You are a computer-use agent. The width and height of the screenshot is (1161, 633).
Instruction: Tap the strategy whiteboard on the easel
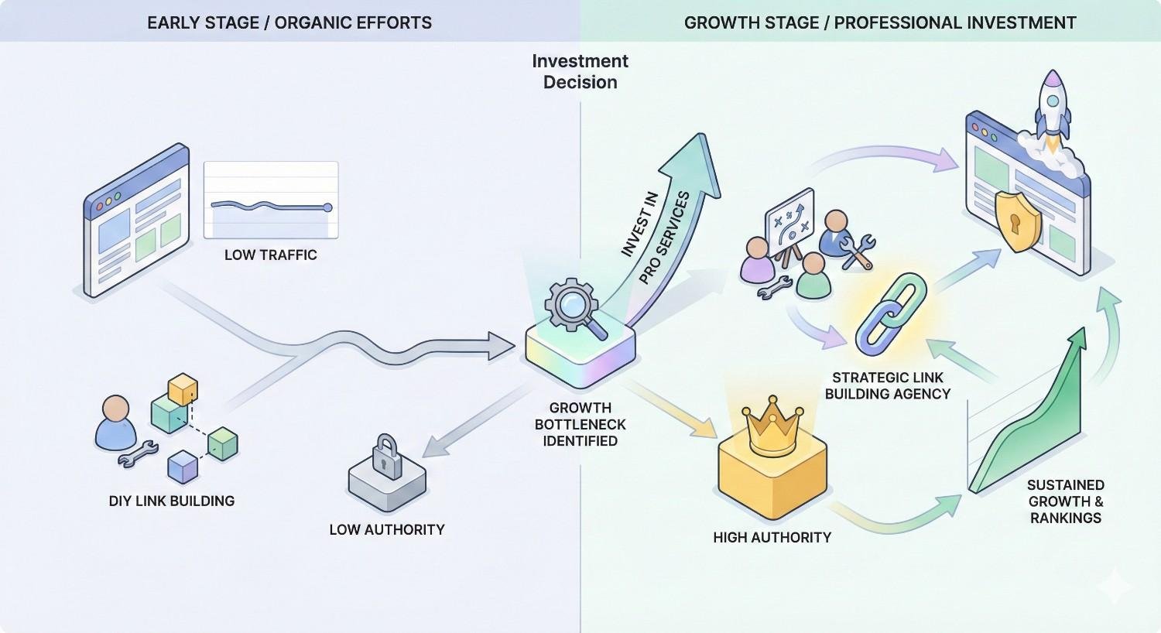point(789,219)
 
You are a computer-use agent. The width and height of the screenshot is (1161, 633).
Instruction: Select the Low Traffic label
point(270,255)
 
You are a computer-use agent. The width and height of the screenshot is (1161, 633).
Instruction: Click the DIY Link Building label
point(172,501)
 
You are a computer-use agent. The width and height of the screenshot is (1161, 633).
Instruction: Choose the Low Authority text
point(386,529)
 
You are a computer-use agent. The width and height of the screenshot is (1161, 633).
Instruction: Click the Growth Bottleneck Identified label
point(580,424)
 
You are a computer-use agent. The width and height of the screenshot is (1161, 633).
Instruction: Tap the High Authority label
point(772,537)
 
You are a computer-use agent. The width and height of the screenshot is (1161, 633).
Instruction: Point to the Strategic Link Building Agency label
point(888,385)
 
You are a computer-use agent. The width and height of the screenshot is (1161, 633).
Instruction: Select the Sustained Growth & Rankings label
point(1065,501)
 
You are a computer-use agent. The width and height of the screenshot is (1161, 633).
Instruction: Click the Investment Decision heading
point(580,71)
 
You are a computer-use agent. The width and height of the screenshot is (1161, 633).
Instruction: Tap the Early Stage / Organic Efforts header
point(289,22)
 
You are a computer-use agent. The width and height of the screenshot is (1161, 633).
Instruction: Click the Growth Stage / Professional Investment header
point(880,22)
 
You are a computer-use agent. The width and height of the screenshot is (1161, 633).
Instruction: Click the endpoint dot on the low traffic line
point(327,207)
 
